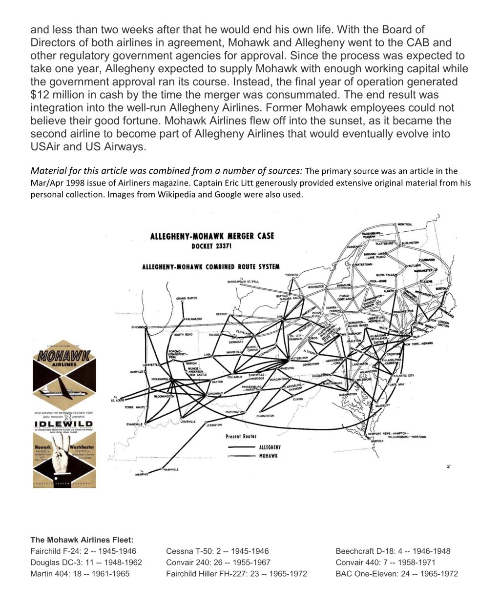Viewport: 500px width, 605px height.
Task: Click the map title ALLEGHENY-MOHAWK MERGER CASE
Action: click(212, 236)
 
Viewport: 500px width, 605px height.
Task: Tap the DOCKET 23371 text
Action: click(212, 246)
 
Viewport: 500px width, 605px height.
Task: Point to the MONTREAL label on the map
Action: click(405, 224)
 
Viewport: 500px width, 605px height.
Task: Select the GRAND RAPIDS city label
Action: click(187, 298)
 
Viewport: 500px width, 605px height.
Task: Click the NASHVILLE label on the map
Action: click(171, 469)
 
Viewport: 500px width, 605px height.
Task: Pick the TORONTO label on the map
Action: click(292, 275)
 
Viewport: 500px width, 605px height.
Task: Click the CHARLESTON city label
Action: click(265, 416)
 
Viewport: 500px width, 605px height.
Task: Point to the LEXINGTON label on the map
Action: click(214, 425)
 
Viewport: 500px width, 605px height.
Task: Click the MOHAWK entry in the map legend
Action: click(269, 456)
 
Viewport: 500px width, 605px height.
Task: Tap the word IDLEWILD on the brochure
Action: click(64, 424)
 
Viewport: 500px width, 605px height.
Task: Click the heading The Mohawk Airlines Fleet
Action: click(82, 540)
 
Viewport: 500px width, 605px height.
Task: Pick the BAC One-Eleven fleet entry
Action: click(396, 574)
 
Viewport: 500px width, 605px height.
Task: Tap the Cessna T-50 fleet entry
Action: click(217, 551)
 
